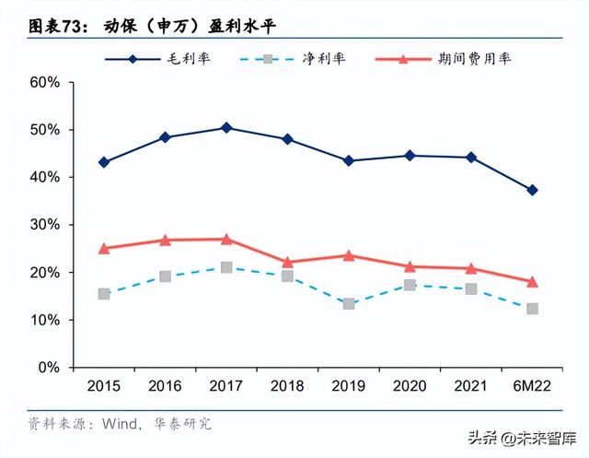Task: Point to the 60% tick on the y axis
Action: [x=44, y=82]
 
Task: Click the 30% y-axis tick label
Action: [x=44, y=225]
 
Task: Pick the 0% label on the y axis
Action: [x=48, y=368]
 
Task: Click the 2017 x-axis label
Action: [x=226, y=385]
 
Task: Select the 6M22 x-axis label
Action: [x=532, y=385]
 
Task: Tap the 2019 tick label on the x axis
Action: [x=349, y=385]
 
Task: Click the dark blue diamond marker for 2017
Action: [x=226, y=127]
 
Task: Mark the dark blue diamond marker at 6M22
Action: [x=532, y=190]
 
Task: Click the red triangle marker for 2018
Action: [x=287, y=263]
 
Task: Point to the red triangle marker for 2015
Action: [x=104, y=248]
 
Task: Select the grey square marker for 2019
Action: [x=349, y=303]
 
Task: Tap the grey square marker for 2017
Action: [x=226, y=267]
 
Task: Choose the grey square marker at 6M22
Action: [x=532, y=309]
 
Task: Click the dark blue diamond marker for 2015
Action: [x=104, y=162]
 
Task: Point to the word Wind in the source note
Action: [x=116, y=424]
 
